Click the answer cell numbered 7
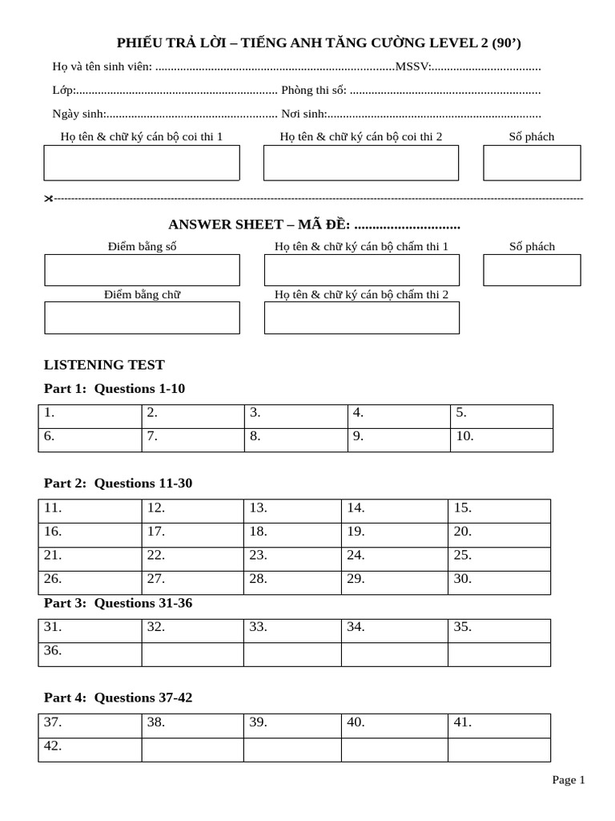coord(193,440)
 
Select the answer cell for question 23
coord(292,559)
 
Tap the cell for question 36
coord(90,654)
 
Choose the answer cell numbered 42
coord(90,750)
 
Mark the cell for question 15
coord(499,512)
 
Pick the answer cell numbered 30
coord(499,582)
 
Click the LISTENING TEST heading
coord(104,365)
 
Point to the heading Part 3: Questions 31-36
coord(118,603)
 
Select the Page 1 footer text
coord(569,779)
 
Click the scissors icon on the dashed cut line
coord(48,198)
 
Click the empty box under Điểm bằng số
coord(142,270)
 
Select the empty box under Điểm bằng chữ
coord(142,317)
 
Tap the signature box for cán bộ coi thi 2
coord(361,163)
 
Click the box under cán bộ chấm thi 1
coord(362,270)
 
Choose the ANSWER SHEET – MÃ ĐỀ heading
coord(314,224)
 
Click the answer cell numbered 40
coord(395,726)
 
